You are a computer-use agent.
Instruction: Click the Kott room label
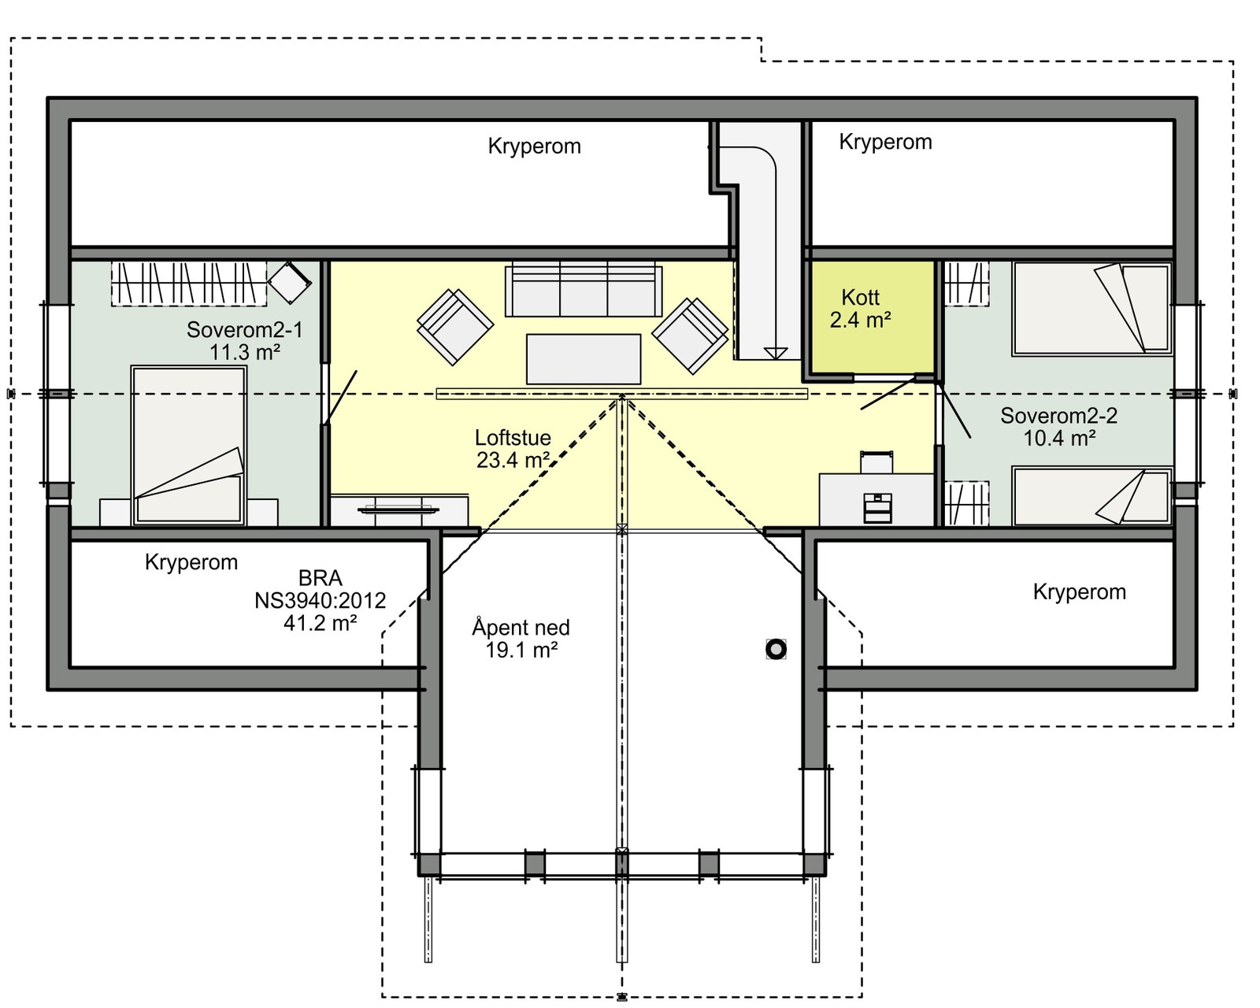(860, 309)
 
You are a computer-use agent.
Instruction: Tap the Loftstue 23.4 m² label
(513, 449)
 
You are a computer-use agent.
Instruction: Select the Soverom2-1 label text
(244, 340)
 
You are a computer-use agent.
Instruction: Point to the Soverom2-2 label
(1058, 427)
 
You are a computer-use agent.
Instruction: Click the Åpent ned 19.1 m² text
(521, 639)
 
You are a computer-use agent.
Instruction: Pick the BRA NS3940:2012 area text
(320, 600)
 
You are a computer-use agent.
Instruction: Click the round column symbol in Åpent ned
(776, 649)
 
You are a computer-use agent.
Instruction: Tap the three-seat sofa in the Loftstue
(584, 291)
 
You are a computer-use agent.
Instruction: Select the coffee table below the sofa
(583, 359)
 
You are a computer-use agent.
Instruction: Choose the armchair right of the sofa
(691, 335)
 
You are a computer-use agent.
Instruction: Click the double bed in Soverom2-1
(188, 445)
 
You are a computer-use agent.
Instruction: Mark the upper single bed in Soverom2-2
(1091, 309)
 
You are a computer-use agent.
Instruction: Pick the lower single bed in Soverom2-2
(1091, 496)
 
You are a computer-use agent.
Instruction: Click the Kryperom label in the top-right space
(885, 142)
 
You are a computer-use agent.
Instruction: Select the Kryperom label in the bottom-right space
(1079, 592)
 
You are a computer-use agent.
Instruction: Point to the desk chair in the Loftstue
(876, 461)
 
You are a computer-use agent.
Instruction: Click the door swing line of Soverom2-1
(341, 396)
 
